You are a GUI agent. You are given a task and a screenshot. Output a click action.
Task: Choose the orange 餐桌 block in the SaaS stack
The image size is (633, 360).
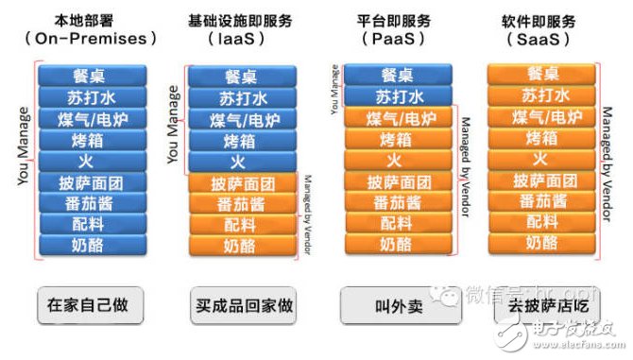pos(539,75)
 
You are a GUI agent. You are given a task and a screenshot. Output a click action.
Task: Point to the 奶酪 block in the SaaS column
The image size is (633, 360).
pos(539,244)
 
